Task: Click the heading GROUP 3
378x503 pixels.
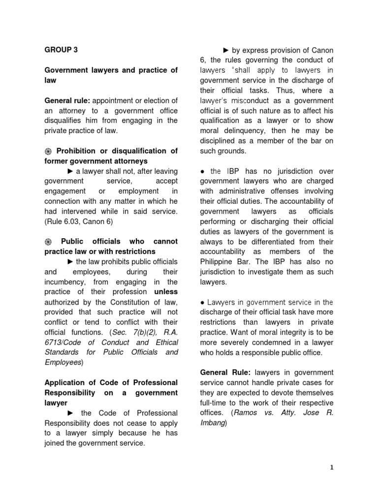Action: click(x=61, y=50)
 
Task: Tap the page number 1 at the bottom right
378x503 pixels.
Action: click(x=332, y=467)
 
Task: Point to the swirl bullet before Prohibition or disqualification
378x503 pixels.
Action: click(x=48, y=151)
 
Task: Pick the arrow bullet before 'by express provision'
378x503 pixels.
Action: click(x=226, y=50)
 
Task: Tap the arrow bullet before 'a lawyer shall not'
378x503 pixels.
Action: click(x=70, y=171)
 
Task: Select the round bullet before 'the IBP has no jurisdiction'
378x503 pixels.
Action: click(x=203, y=171)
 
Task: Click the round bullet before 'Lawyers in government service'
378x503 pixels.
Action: click(x=203, y=302)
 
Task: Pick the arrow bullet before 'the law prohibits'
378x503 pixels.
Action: click(x=70, y=262)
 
